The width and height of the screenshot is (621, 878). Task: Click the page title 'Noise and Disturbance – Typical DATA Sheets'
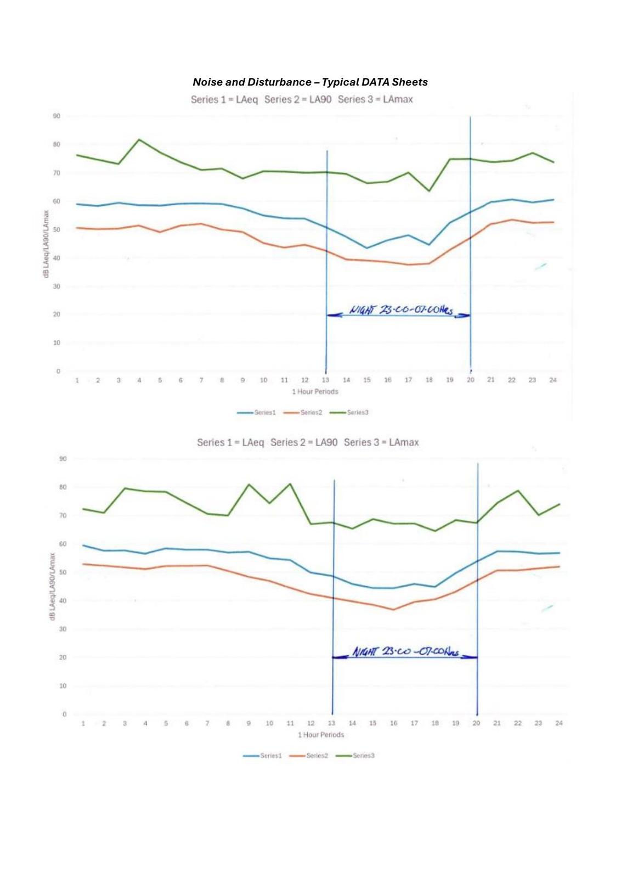tap(310, 82)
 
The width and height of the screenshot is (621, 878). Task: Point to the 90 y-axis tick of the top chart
tap(57, 116)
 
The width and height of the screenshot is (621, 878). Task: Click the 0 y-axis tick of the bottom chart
tap(64, 714)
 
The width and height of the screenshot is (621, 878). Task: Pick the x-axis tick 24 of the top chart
tap(553, 380)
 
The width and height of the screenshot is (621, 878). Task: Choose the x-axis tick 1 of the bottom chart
tap(83, 723)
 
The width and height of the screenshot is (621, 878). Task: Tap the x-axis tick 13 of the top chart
tap(325, 380)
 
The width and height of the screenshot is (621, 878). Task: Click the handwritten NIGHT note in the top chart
tap(402, 311)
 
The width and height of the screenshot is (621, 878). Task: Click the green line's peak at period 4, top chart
tap(139, 139)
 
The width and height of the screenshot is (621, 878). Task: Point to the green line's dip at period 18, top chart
tap(429, 191)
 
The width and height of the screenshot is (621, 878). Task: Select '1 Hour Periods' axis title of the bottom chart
tap(321, 735)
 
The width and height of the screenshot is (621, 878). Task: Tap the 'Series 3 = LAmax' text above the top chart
tap(375, 99)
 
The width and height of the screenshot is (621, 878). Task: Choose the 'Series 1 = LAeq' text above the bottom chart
tap(230, 442)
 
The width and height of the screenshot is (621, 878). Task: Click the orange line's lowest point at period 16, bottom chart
tap(393, 610)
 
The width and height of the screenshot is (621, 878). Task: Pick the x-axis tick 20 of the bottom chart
tap(476, 723)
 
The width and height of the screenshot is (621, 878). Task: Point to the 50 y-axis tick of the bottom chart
tap(63, 572)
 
